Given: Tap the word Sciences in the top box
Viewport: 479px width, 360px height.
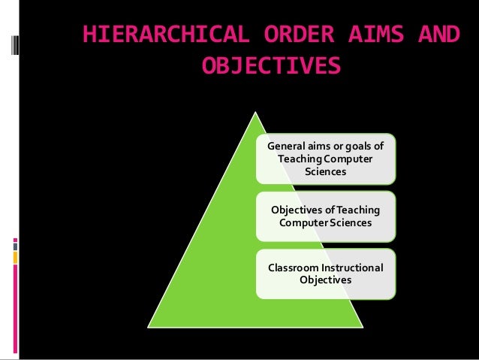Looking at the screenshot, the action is coord(325,171).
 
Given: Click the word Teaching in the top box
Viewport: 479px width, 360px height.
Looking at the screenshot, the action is coord(301,159).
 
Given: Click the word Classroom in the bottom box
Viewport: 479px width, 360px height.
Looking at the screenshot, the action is coord(289,268).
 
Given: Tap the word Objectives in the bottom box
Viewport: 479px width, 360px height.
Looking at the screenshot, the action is coord(325,280).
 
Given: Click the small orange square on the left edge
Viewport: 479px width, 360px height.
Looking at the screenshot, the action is coord(15,258).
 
